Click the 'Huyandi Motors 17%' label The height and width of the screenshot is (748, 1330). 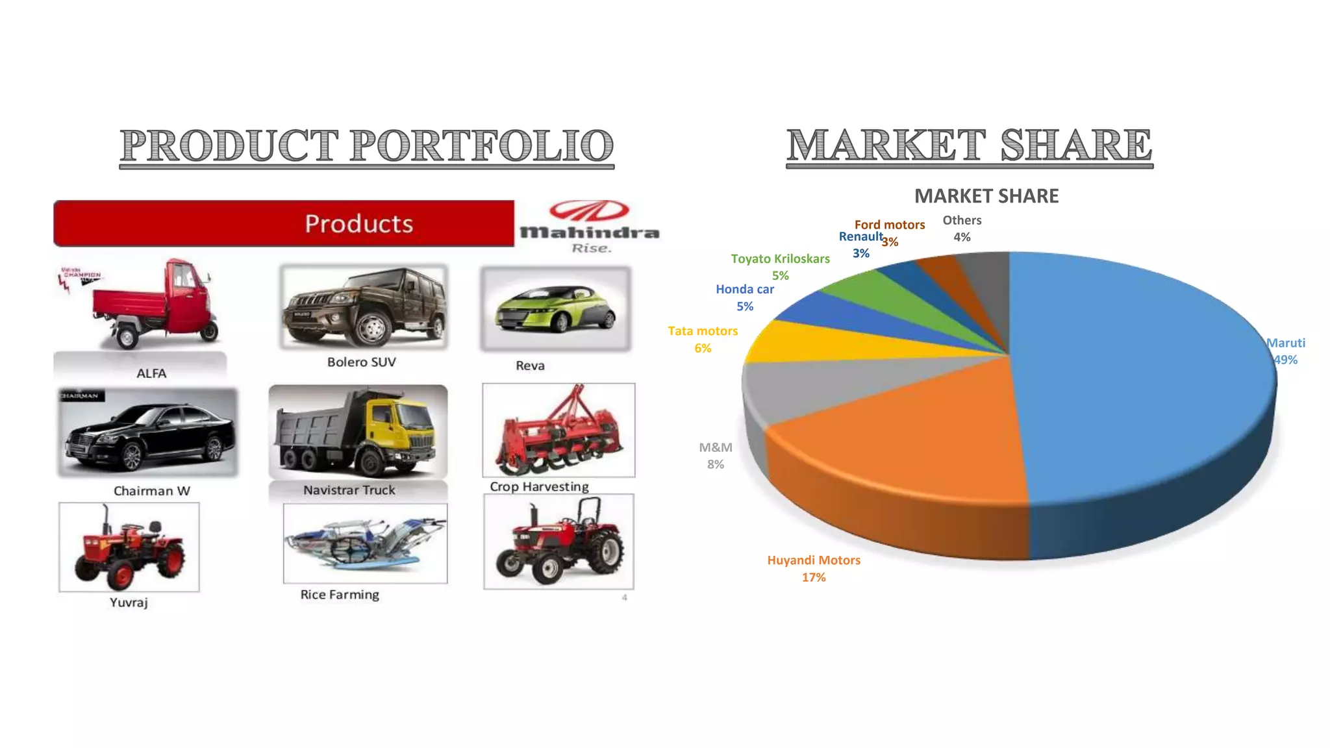point(814,568)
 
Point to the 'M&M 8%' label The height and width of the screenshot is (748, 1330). point(715,455)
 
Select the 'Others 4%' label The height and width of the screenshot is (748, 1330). point(962,229)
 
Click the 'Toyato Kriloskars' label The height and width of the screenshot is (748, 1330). point(780,259)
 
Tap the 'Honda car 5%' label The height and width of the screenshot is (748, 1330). point(745,297)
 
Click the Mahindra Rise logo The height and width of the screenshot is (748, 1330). point(589,226)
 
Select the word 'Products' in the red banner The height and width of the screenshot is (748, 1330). point(358,224)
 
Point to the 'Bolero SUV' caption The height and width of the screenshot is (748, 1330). point(361,362)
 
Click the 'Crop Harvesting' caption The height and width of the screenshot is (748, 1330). point(539,487)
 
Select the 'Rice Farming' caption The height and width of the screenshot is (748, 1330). point(340,595)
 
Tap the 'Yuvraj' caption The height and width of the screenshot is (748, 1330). point(129,603)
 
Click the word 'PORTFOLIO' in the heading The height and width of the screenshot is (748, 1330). point(482,145)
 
